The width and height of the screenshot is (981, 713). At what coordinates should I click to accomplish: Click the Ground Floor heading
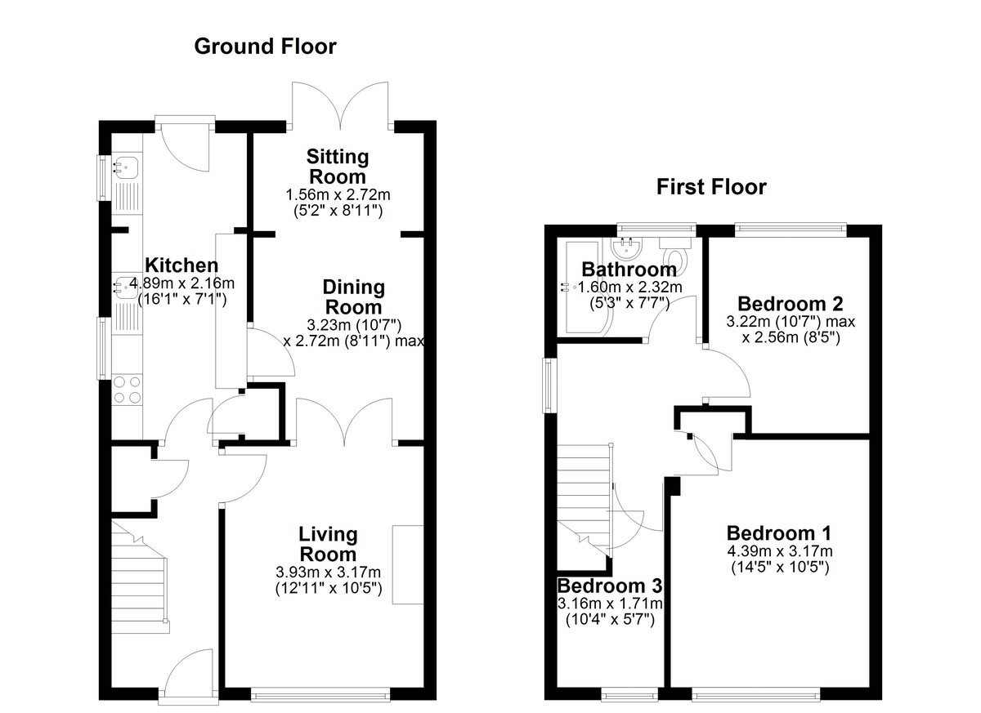pyautogui.click(x=265, y=47)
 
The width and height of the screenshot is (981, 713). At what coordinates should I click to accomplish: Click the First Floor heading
pyautogui.click(x=711, y=187)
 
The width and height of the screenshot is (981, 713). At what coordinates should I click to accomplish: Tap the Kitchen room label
pyautogui.click(x=181, y=265)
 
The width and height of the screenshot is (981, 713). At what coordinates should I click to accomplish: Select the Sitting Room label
pyautogui.click(x=337, y=167)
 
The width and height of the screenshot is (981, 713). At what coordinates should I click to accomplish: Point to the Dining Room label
pyautogui.click(x=353, y=297)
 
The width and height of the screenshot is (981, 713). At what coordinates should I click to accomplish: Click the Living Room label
pyautogui.click(x=328, y=544)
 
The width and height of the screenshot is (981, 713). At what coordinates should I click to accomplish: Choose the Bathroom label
pyautogui.click(x=629, y=270)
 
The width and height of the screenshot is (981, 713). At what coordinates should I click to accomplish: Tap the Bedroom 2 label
pyautogui.click(x=791, y=304)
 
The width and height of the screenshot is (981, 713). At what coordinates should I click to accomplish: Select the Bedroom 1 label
pyautogui.click(x=779, y=533)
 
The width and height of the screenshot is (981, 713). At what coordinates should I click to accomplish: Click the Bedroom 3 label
pyautogui.click(x=610, y=586)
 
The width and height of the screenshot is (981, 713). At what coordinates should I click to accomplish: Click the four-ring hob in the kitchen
pyautogui.click(x=127, y=390)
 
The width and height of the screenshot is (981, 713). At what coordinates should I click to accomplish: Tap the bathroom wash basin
pyautogui.click(x=627, y=247)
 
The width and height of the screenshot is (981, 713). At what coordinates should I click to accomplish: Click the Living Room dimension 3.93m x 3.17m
pyautogui.click(x=328, y=573)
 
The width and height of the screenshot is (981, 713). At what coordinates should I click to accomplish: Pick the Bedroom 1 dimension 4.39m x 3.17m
pyautogui.click(x=780, y=551)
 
